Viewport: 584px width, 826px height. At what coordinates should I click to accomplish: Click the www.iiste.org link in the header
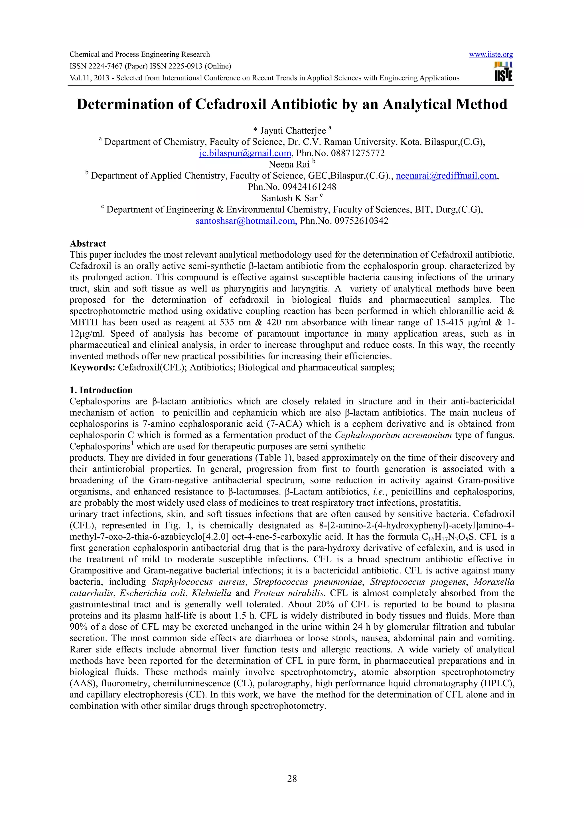(x=491, y=55)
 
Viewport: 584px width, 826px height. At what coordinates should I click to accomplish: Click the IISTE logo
(x=503, y=72)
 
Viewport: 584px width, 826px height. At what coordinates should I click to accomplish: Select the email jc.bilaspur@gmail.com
(x=245, y=153)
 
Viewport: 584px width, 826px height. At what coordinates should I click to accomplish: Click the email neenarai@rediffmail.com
(x=446, y=176)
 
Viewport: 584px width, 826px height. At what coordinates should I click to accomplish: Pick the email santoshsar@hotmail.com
(x=246, y=221)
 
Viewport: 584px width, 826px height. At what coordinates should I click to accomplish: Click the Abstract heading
(x=88, y=244)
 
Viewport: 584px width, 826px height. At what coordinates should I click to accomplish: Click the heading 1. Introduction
(x=101, y=390)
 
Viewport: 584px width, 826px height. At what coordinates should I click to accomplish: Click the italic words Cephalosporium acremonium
(x=393, y=435)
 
